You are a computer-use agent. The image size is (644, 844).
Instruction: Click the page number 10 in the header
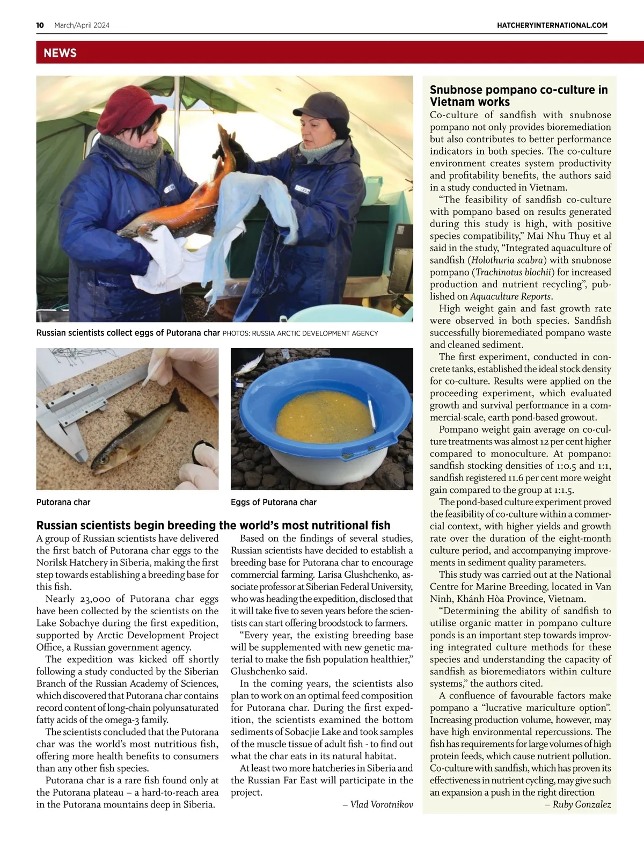tap(40, 25)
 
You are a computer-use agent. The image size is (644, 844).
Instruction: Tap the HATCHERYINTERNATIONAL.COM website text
tap(552, 25)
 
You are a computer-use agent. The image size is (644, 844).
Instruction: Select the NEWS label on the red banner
tap(60, 53)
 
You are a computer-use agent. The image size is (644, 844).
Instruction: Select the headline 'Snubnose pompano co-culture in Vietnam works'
tap(518, 96)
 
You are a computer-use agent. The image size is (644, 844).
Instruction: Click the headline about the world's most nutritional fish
tap(213, 526)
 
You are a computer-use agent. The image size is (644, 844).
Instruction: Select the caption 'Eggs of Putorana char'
tap(274, 503)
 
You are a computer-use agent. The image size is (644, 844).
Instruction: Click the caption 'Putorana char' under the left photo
tap(63, 503)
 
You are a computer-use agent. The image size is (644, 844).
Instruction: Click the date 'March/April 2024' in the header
tap(82, 25)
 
